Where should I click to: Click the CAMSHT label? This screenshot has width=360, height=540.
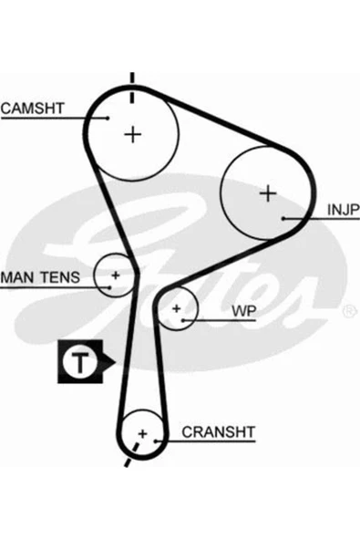pyautogui.click(x=32, y=109)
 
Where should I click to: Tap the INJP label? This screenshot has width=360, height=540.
pyautogui.click(x=343, y=210)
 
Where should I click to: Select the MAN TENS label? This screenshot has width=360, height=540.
pyautogui.click(x=40, y=277)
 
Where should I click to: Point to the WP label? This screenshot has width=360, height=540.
pyautogui.click(x=244, y=311)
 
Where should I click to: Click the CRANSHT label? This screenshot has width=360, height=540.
pyautogui.click(x=219, y=431)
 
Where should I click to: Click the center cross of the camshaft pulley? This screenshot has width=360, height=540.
pyautogui.click(x=132, y=134)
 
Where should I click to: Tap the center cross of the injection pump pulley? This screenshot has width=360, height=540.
pyautogui.click(x=268, y=193)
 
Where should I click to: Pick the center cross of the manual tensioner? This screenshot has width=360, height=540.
pyautogui.click(x=116, y=275)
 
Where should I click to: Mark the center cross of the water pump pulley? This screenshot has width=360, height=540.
pyautogui.click(x=177, y=308)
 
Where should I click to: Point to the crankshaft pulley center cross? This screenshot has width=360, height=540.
pyautogui.click(x=142, y=433)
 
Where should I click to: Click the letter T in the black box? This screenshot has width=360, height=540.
pyautogui.click(x=80, y=362)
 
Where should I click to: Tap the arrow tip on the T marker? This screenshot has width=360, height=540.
pyautogui.click(x=116, y=362)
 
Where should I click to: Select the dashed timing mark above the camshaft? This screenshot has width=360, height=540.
pyautogui.click(x=132, y=88)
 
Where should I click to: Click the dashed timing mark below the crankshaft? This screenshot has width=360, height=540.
pyautogui.click(x=132, y=454)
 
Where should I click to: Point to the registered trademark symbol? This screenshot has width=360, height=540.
pyautogui.click(x=349, y=311)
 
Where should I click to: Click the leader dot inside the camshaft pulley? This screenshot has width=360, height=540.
pyautogui.click(x=108, y=119)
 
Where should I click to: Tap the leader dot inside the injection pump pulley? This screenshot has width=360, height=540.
pyautogui.click(x=283, y=218)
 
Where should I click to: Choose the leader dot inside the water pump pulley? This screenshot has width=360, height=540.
pyautogui.click(x=183, y=320)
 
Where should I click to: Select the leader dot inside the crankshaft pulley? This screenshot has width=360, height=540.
pyautogui.click(x=156, y=441)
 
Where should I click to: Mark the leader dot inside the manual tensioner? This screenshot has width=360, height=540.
pyautogui.click(x=109, y=286)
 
